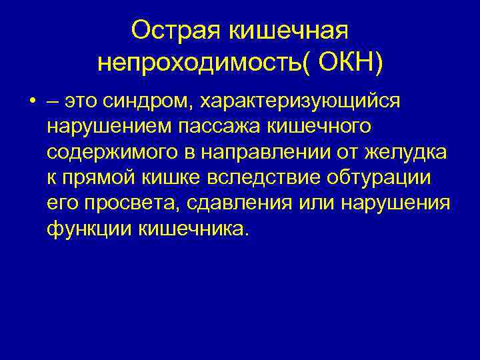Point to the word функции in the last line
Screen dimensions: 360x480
point(90,229)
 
